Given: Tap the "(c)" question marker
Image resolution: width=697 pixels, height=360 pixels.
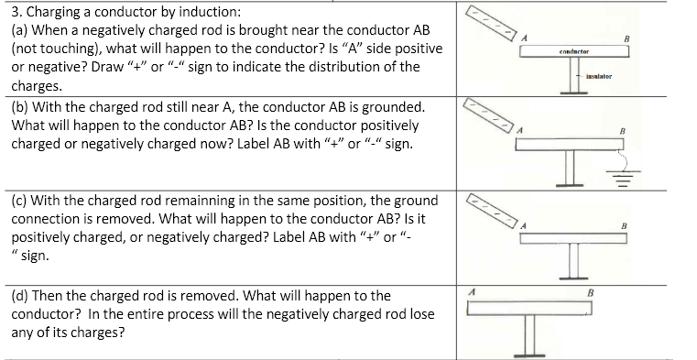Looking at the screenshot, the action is coord(19,201).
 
